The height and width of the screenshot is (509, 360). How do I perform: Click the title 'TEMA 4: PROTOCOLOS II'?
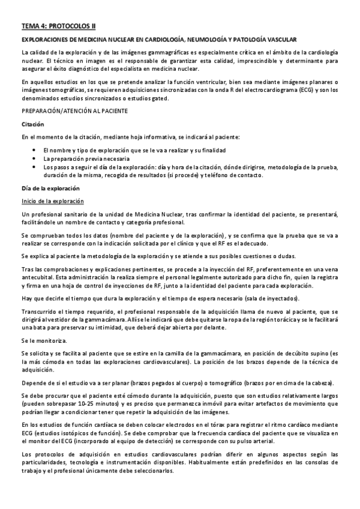(58, 26)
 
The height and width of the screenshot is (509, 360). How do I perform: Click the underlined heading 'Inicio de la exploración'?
(52, 201)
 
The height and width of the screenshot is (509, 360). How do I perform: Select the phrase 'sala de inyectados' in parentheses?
(277, 299)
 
